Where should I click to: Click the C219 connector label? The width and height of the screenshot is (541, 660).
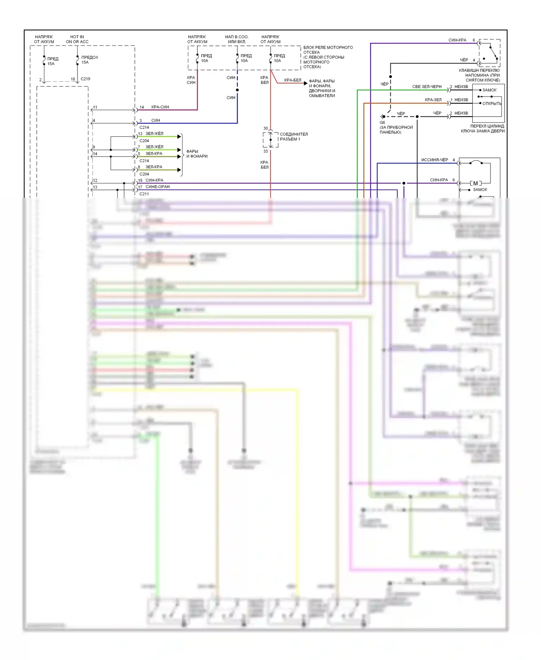pos(85,79)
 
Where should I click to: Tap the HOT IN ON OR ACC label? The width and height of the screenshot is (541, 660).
pos(77,39)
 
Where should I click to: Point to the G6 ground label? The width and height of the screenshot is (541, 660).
pos(382,122)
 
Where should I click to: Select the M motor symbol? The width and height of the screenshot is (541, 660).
pos(475,183)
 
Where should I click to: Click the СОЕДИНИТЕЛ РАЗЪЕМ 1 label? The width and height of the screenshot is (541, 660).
pos(294,136)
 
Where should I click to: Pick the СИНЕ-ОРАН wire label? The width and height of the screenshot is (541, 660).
pos(158,187)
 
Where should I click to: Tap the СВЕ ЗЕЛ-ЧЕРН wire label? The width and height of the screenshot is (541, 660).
pos(427,87)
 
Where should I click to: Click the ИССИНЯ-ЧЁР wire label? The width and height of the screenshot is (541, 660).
pos(435,160)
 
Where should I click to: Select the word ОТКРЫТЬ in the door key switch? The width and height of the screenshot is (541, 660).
pos(492,104)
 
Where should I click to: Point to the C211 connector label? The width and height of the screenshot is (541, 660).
pos(144,194)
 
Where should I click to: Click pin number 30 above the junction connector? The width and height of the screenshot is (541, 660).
pos(265,128)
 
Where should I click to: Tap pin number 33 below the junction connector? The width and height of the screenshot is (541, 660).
pos(265,151)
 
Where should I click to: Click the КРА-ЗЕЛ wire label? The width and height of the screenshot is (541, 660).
pos(433,100)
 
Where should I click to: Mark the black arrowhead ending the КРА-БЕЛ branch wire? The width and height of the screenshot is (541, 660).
pos(305,83)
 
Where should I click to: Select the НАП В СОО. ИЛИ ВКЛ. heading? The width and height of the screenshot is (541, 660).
pos(237,39)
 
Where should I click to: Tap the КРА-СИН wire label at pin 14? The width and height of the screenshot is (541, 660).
pos(160,107)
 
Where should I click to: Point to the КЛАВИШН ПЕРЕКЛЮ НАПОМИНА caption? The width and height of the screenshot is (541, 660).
pos(479,75)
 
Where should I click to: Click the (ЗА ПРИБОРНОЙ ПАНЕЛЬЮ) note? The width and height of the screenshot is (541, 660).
pos(396,130)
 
